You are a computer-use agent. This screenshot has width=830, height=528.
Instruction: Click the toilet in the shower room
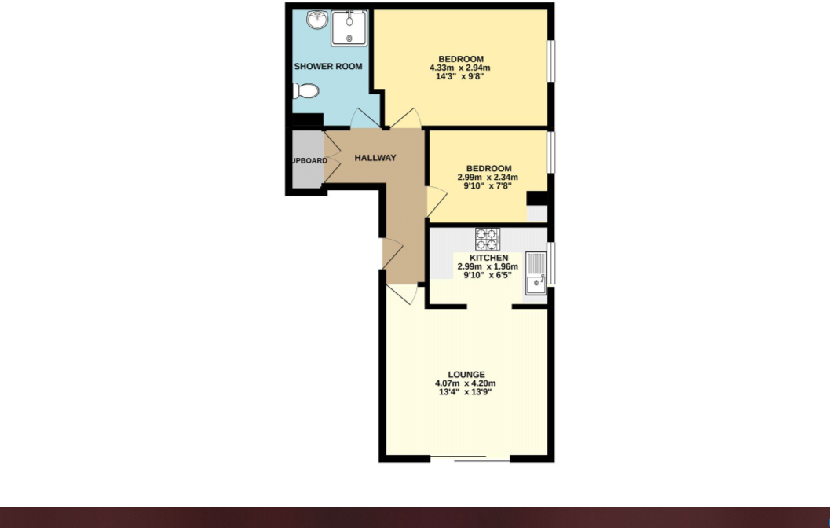306,91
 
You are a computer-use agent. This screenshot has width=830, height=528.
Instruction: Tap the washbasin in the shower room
317,20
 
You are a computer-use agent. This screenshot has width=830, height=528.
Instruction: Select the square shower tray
349,27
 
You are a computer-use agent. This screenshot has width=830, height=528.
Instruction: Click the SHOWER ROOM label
328,67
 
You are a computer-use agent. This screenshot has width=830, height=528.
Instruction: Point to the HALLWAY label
375,158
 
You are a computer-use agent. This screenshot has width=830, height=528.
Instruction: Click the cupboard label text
309,161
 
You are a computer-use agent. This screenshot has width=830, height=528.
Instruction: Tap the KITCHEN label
488,258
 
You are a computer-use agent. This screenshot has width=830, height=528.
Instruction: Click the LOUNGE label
466,375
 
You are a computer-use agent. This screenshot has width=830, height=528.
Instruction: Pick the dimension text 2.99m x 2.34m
488,178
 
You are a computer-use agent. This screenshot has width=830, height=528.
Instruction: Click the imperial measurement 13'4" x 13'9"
466,392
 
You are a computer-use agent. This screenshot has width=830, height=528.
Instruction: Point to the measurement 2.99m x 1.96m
488,266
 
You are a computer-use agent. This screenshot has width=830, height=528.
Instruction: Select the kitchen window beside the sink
551,264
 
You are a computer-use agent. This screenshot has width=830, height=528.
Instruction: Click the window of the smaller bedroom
551,152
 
